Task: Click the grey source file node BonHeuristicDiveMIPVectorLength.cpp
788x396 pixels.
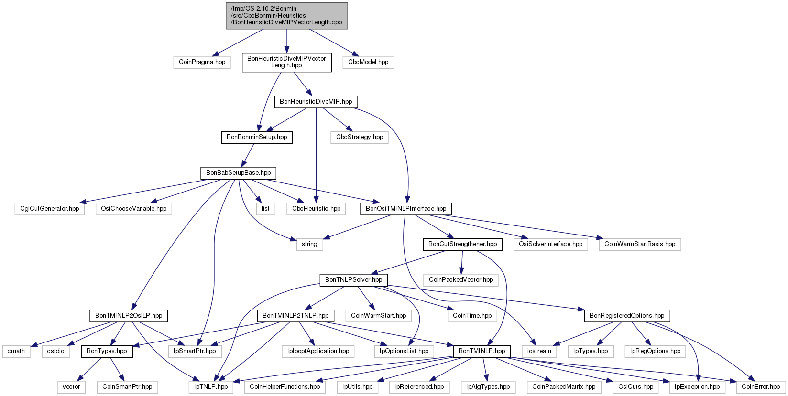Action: (x=287, y=16)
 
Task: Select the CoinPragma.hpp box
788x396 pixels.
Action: (x=202, y=62)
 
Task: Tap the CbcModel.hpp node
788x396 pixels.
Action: (x=368, y=62)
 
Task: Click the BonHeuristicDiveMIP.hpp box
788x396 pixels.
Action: (x=316, y=102)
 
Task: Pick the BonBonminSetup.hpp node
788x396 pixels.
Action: (x=257, y=137)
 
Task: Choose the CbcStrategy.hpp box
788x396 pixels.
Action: (x=360, y=137)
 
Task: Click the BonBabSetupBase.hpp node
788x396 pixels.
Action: (x=239, y=173)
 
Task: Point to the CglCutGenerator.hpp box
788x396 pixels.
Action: (x=50, y=209)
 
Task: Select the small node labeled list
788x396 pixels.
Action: (x=265, y=209)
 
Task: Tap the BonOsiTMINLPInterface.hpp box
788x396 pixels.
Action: (x=406, y=209)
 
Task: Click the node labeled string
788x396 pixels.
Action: (x=309, y=244)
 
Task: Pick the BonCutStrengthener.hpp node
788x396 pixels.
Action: (x=462, y=244)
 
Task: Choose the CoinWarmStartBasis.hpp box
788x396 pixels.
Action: (x=640, y=244)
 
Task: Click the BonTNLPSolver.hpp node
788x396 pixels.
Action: (x=353, y=280)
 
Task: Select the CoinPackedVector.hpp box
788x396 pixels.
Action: (x=461, y=280)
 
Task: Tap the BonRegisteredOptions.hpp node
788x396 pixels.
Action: (x=627, y=316)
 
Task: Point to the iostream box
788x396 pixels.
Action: (x=539, y=352)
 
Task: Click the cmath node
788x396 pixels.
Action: (x=16, y=352)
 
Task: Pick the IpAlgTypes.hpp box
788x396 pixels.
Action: (x=488, y=387)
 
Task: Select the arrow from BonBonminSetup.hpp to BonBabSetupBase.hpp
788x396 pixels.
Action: (x=248, y=155)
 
